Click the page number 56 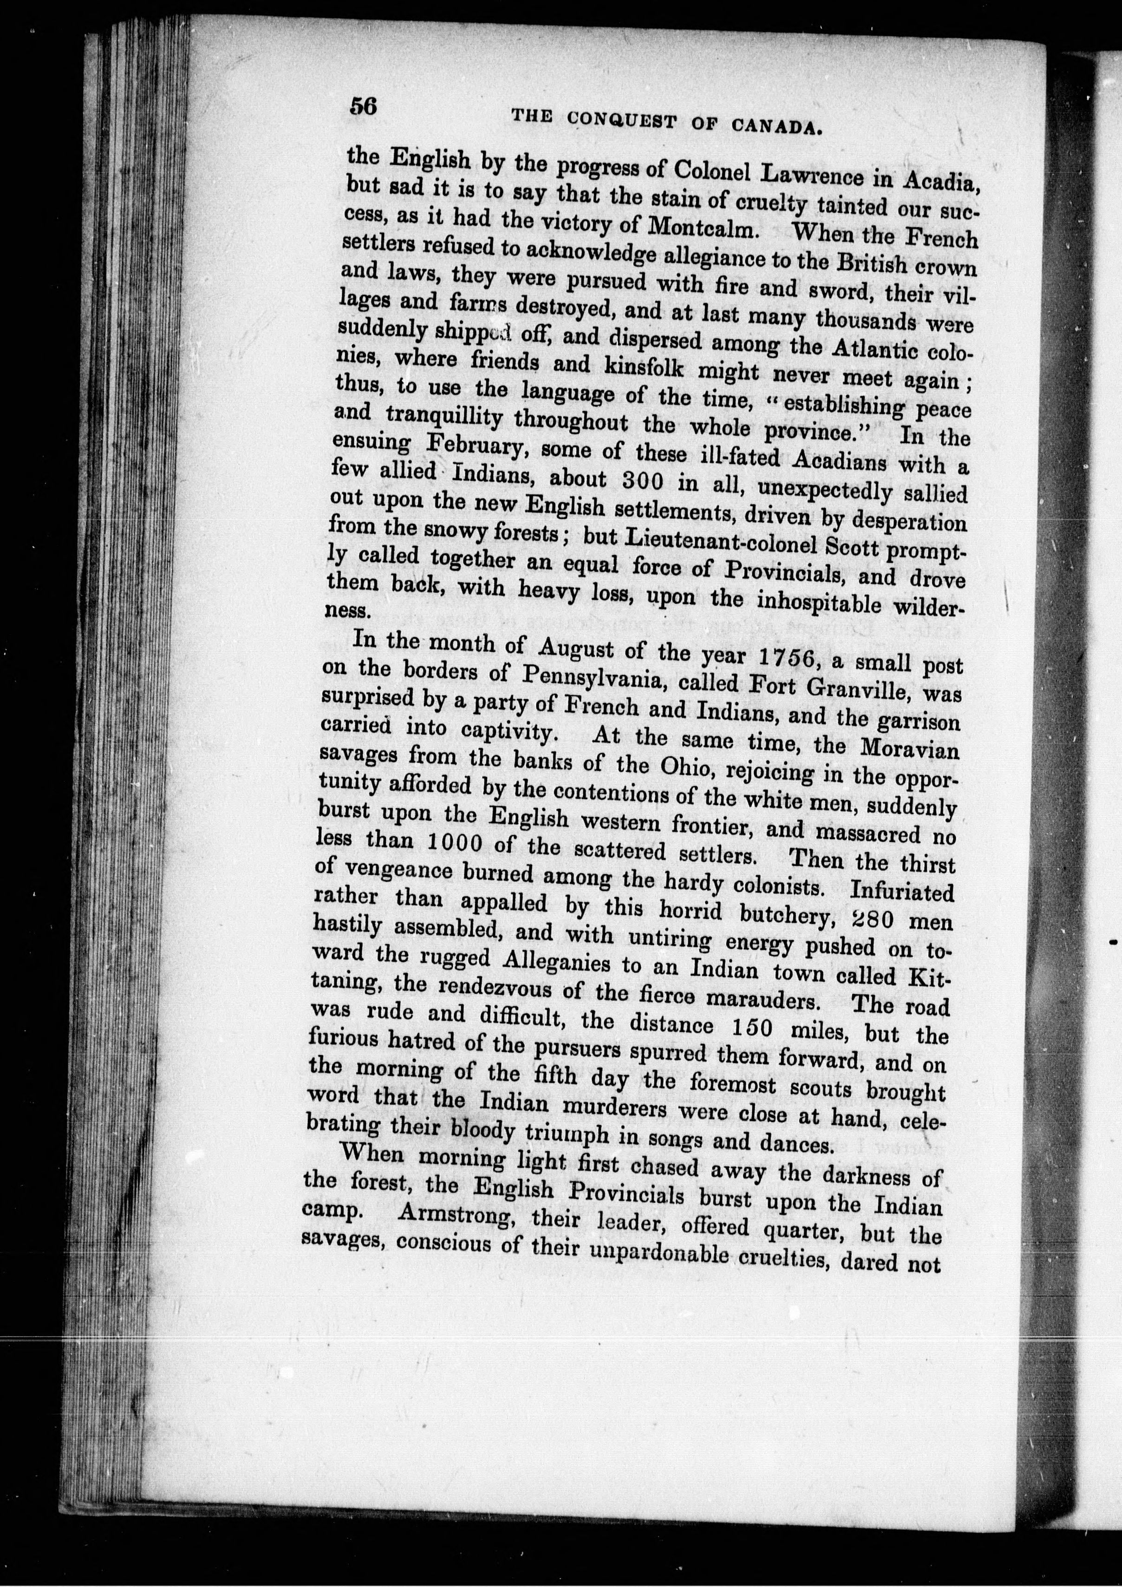pyautogui.click(x=363, y=106)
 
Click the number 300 pyautogui.click(x=647, y=479)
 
